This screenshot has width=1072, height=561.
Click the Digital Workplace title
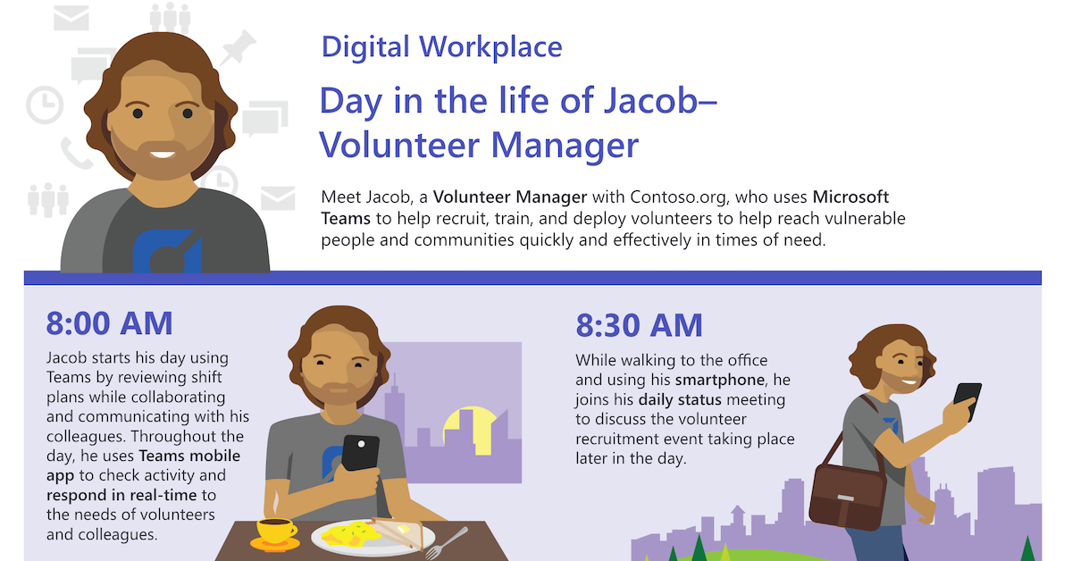click(x=441, y=46)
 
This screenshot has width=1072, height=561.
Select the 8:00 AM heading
click(x=109, y=323)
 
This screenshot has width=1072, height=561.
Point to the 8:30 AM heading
click(x=639, y=326)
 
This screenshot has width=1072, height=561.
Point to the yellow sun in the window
click(x=471, y=427)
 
